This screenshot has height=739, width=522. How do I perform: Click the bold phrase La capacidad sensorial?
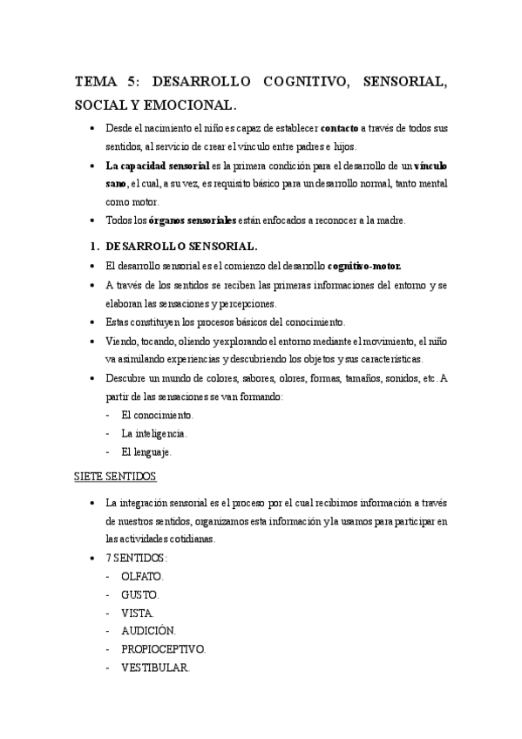(158, 166)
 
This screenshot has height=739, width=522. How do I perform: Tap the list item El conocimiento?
(158, 415)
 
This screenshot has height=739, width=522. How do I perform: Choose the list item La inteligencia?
(154, 433)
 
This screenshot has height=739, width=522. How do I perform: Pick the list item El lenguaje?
(147, 451)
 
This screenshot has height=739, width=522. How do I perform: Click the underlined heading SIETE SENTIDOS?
(112, 478)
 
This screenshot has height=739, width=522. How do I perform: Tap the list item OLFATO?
(143, 576)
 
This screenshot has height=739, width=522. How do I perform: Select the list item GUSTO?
(140, 594)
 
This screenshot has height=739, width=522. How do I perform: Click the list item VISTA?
(138, 613)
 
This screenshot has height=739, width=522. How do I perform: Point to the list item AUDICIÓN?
(149, 631)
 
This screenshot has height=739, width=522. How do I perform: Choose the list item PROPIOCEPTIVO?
(164, 649)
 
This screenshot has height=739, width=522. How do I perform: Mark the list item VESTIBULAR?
(156, 668)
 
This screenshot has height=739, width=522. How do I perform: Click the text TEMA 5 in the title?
(105, 83)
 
